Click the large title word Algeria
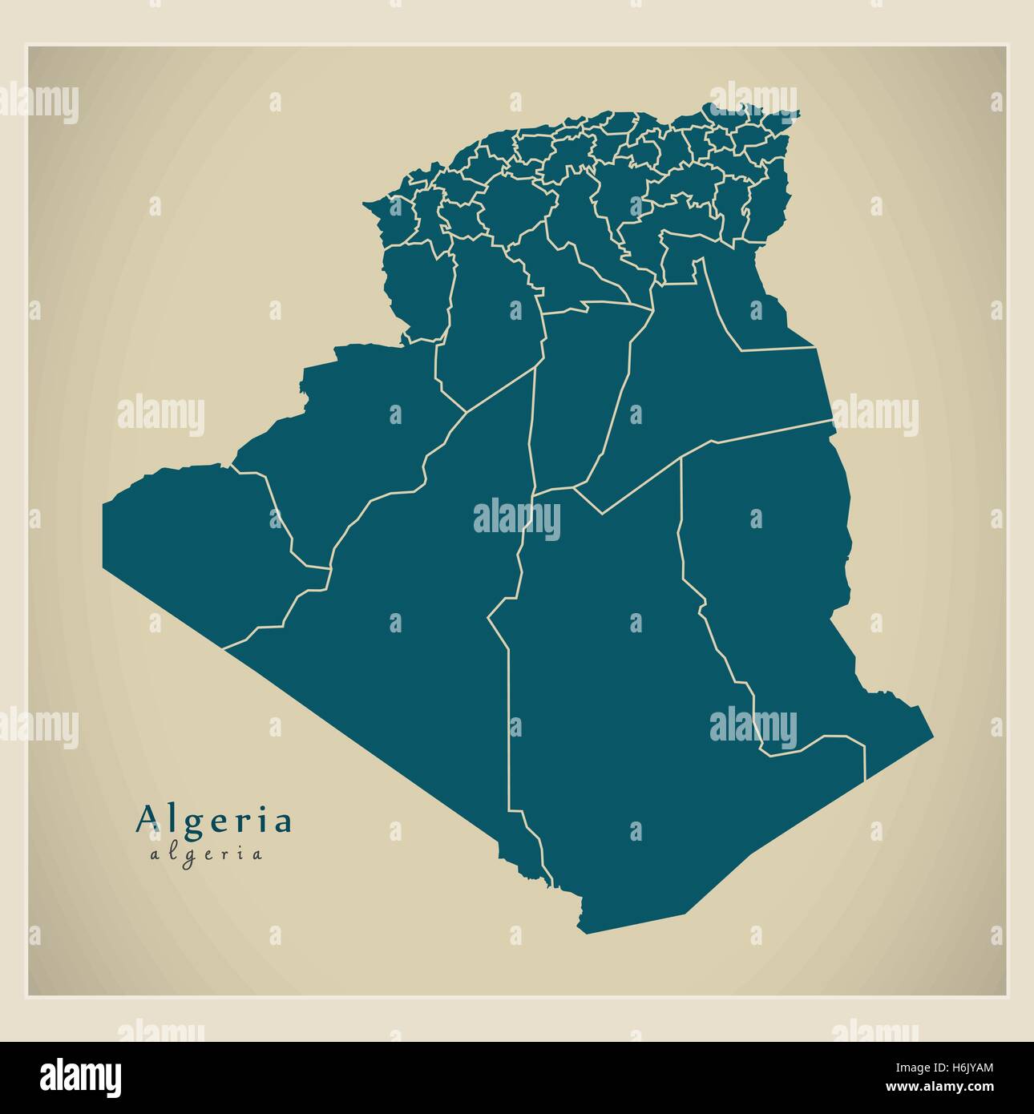[x=215, y=819]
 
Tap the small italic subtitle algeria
[x=206, y=854]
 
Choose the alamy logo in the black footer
[x=81, y=1076]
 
